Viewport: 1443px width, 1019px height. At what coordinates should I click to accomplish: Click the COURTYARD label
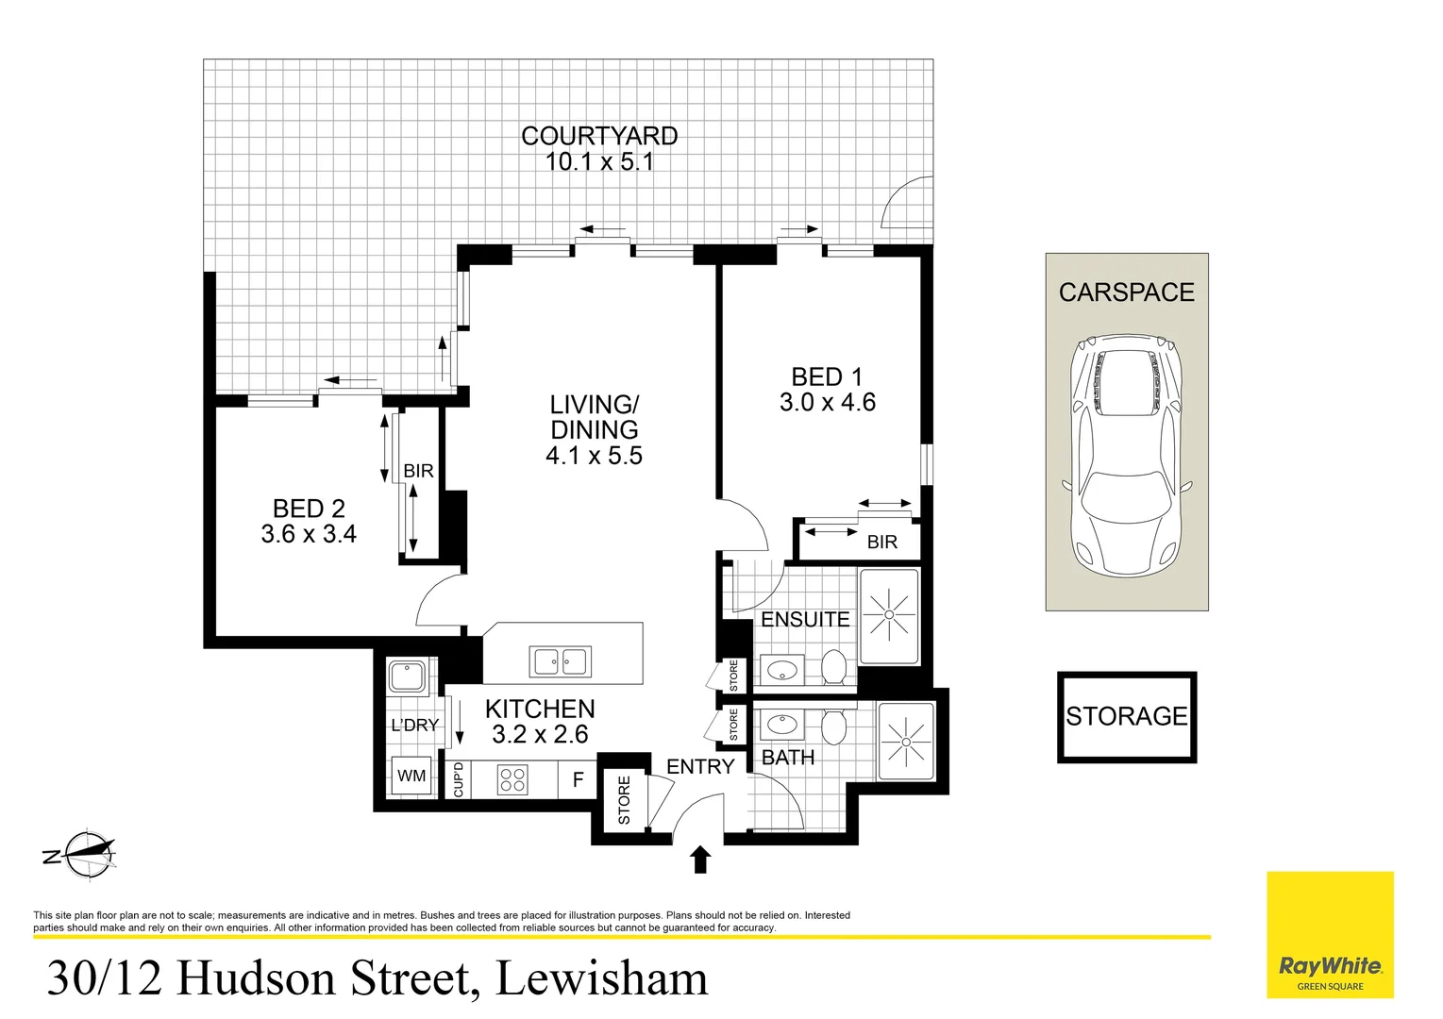pos(599,137)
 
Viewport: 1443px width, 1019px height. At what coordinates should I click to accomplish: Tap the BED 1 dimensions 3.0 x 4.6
pos(827,403)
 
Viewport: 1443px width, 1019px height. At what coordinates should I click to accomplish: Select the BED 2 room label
pos(309,509)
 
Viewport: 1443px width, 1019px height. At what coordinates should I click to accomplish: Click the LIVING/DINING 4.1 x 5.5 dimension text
pos(594,456)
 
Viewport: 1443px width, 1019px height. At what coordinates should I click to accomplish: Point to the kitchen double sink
pos(561,661)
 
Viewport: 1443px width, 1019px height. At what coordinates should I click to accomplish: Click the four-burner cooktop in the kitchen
pos(512,779)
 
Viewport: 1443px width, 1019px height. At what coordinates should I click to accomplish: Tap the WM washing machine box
pos(411,776)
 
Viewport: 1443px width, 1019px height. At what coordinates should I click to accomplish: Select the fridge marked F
pos(578,780)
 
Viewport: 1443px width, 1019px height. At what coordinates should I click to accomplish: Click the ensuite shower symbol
pos(888,615)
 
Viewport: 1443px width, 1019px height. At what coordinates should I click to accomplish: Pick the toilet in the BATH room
pos(833,727)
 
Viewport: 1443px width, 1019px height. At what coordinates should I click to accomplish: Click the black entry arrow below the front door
pos(699,860)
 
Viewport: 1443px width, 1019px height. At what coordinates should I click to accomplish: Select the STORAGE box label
pos(1126,717)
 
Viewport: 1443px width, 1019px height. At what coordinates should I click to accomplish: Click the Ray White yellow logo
pos(1329,935)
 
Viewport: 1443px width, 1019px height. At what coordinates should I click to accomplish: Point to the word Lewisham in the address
pos(601,978)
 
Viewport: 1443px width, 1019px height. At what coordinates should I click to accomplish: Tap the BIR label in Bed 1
pos(881,543)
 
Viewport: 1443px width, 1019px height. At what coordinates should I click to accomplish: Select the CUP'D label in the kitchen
pos(458,779)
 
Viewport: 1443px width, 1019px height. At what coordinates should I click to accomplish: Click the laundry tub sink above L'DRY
pos(408,677)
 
